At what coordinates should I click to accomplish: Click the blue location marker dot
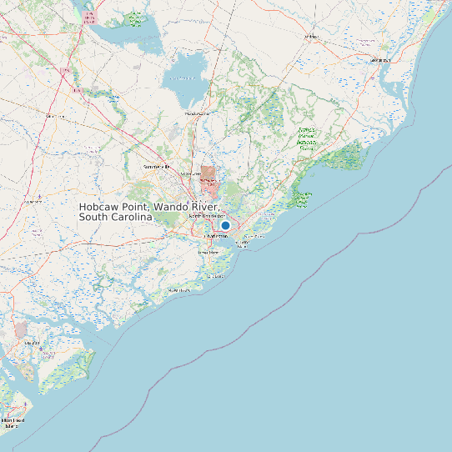click(x=225, y=225)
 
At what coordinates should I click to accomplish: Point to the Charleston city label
click(x=216, y=236)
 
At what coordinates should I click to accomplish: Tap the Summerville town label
click(x=156, y=167)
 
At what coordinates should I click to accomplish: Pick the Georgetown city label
click(x=380, y=60)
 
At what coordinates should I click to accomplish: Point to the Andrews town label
click(x=311, y=38)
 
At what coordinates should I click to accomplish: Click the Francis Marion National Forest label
click(x=306, y=138)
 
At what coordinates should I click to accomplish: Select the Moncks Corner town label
click(x=197, y=113)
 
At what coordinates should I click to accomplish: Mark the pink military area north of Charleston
click(x=208, y=177)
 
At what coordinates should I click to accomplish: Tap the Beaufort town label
click(x=33, y=343)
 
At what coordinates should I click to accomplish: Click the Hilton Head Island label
click(x=14, y=423)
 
